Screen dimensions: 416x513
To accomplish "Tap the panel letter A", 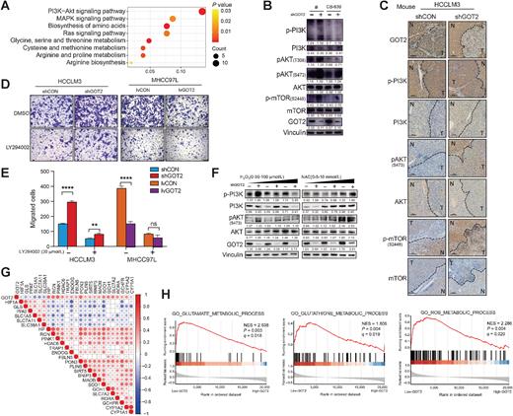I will tap(6, 6).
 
